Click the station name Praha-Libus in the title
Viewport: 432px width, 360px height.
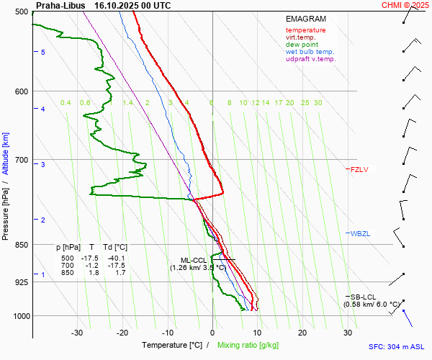60,5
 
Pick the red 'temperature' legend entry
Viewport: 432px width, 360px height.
305,30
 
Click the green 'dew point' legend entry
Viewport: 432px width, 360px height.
301,45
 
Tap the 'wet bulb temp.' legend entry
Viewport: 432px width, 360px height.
310,52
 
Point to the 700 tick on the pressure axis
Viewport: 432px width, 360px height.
21,160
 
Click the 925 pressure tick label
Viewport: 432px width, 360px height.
21,282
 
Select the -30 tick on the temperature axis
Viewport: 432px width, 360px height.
77,333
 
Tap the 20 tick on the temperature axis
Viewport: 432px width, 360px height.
302,333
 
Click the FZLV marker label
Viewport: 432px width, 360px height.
359,170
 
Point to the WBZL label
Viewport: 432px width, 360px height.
360,234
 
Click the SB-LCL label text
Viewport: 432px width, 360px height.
364,297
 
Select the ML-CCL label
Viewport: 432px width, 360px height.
194,260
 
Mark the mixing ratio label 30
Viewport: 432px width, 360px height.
318,103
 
